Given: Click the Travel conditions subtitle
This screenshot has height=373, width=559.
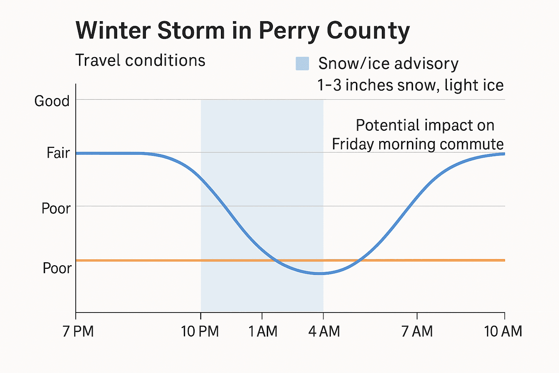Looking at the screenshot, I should point(140,60).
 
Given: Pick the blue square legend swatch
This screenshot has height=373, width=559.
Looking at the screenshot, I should point(302,63).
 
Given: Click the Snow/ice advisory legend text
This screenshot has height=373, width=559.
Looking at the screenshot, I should point(388,64).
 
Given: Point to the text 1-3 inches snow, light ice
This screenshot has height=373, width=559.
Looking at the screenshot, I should point(410,85).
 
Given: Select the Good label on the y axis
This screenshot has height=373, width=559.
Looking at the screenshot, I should point(52,101).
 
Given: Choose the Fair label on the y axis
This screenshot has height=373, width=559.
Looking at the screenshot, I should point(58,153).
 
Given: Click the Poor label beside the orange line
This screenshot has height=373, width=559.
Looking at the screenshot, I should point(57,268).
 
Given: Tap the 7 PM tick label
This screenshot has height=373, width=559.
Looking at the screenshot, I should point(78,331).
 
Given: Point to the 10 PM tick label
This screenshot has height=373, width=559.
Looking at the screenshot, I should point(200,331).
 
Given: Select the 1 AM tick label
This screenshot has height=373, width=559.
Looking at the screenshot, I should point(263,331).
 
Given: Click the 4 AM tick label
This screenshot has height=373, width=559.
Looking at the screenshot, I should point(324,331).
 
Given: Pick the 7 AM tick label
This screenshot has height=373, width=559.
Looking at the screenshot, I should point(417,331).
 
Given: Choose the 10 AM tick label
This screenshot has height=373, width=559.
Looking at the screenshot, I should point(503,331).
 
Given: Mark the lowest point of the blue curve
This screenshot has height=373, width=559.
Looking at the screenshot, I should point(319,273).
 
